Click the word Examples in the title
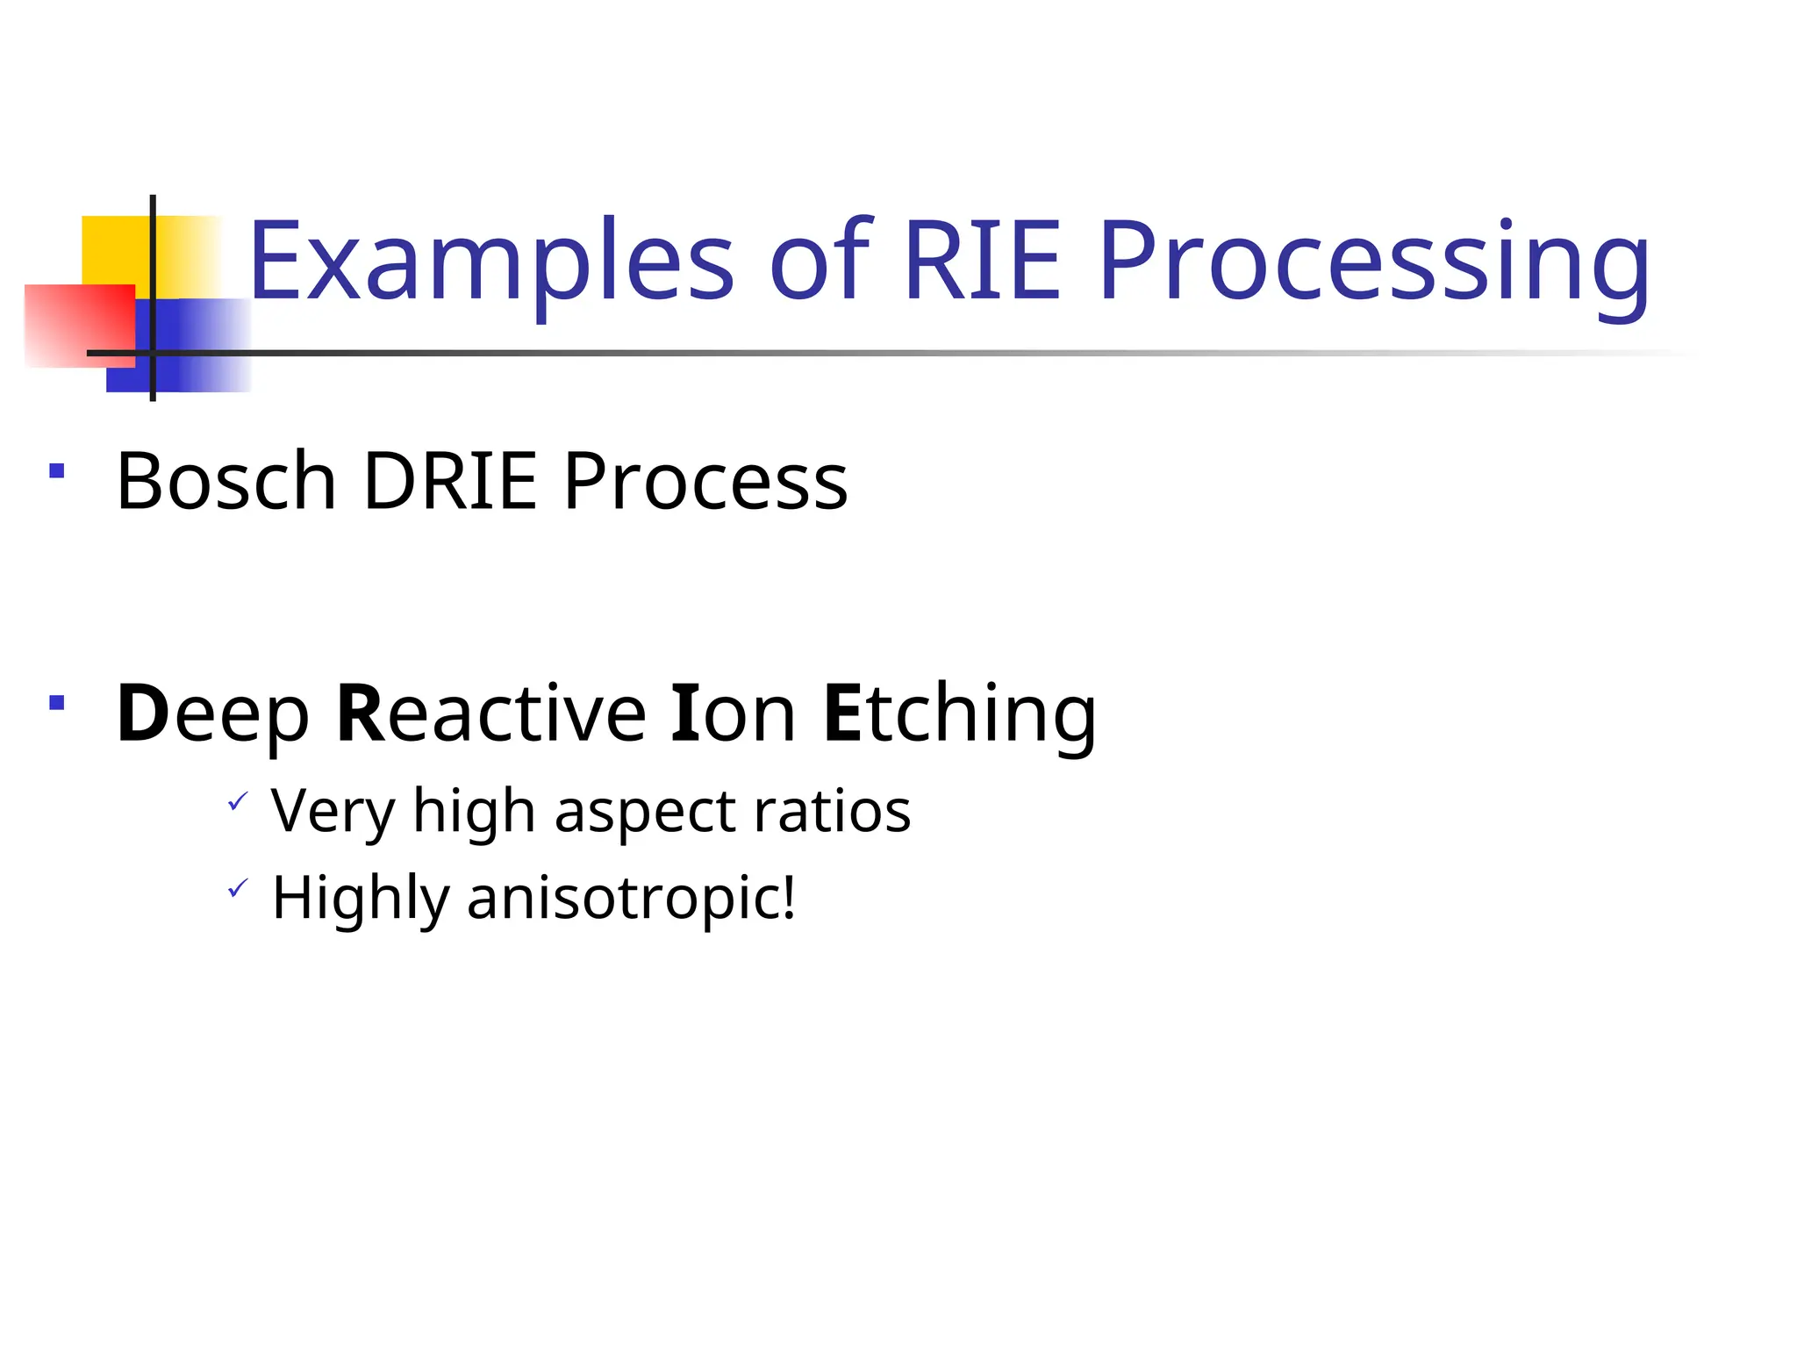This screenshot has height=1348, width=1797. click(491, 262)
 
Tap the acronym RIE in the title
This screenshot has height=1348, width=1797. click(982, 262)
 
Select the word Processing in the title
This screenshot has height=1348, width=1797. click(1373, 262)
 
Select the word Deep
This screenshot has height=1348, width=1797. click(213, 714)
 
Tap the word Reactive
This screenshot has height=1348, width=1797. click(491, 714)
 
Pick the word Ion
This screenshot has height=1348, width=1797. click(733, 714)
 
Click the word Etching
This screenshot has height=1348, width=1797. click(960, 714)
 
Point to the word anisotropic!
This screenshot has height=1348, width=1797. click(632, 899)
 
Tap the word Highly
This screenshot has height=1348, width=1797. click(361, 899)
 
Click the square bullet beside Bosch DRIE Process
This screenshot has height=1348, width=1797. click(57, 471)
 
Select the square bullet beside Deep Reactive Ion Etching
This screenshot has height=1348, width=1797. click(57, 702)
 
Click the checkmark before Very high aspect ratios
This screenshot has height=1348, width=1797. click(238, 800)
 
